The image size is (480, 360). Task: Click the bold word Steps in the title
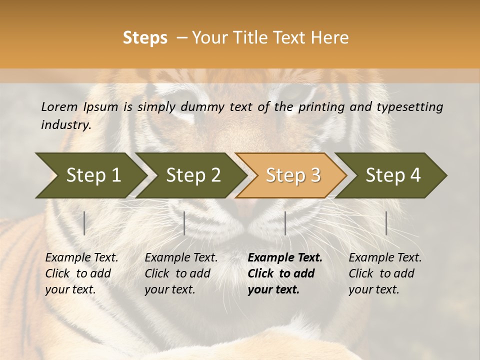(145, 38)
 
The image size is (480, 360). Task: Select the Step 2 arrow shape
(193, 175)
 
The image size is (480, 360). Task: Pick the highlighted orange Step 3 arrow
(293, 175)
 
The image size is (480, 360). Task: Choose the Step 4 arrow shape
(393, 175)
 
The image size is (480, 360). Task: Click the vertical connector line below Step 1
(84, 223)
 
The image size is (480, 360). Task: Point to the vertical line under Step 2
(184, 223)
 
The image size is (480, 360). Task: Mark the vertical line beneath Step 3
(285, 223)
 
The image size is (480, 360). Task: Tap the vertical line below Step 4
(386, 223)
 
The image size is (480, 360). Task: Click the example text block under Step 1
(81, 273)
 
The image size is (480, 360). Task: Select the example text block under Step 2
(181, 273)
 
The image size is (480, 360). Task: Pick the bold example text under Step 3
(284, 273)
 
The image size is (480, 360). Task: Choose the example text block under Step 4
(385, 273)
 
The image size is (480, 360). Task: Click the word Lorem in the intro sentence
(59, 106)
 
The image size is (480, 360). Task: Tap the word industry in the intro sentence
(66, 125)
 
